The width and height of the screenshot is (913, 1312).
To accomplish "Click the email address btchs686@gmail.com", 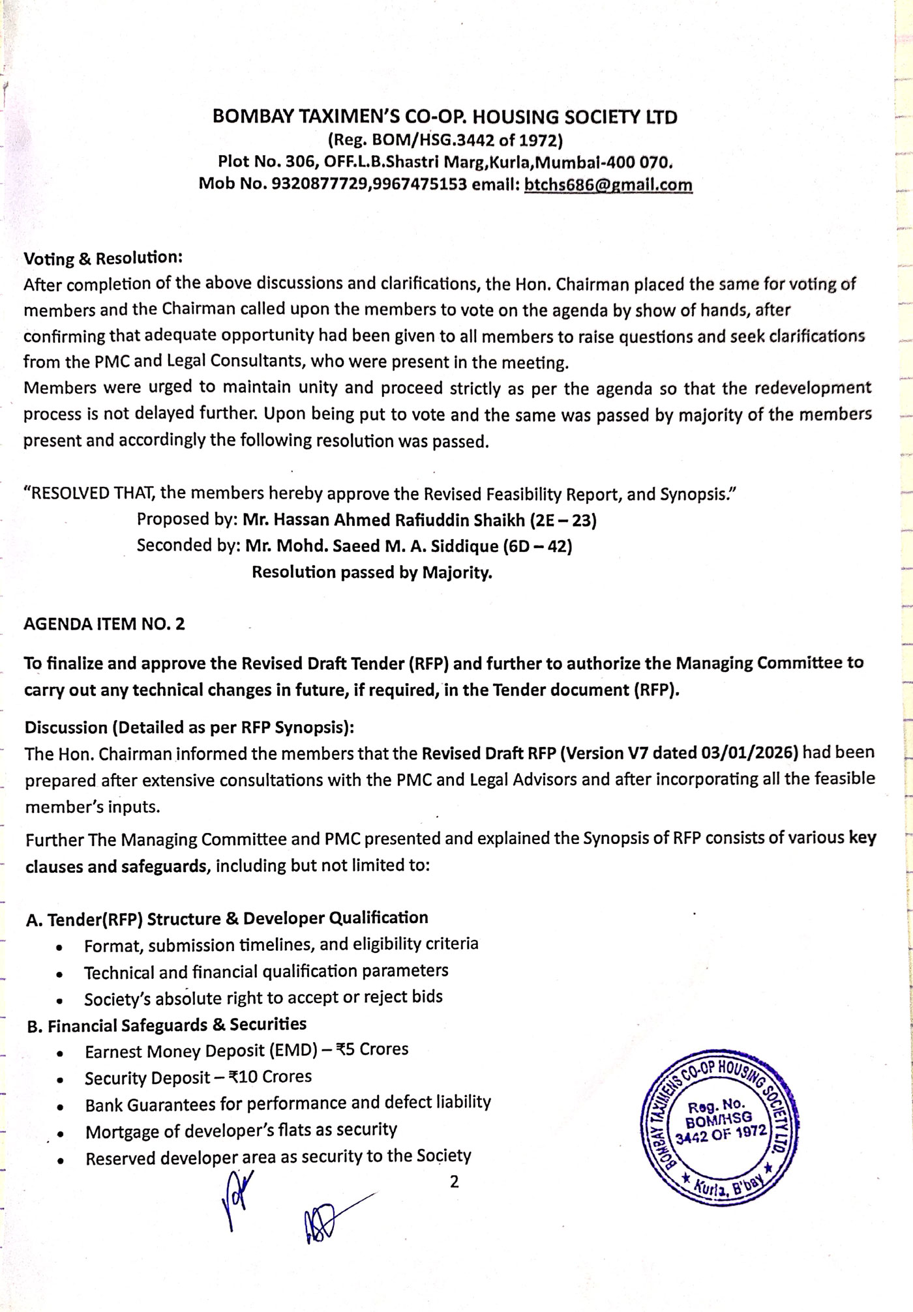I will [608, 184].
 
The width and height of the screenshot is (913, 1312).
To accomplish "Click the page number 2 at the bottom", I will [455, 1182].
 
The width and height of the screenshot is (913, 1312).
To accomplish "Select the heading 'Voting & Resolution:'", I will [103, 258].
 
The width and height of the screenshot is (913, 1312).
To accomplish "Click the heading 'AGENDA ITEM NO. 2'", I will [104, 624].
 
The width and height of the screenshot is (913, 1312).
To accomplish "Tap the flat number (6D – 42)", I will [537, 546].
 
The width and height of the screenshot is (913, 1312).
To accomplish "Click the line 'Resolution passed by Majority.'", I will [372, 572].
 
